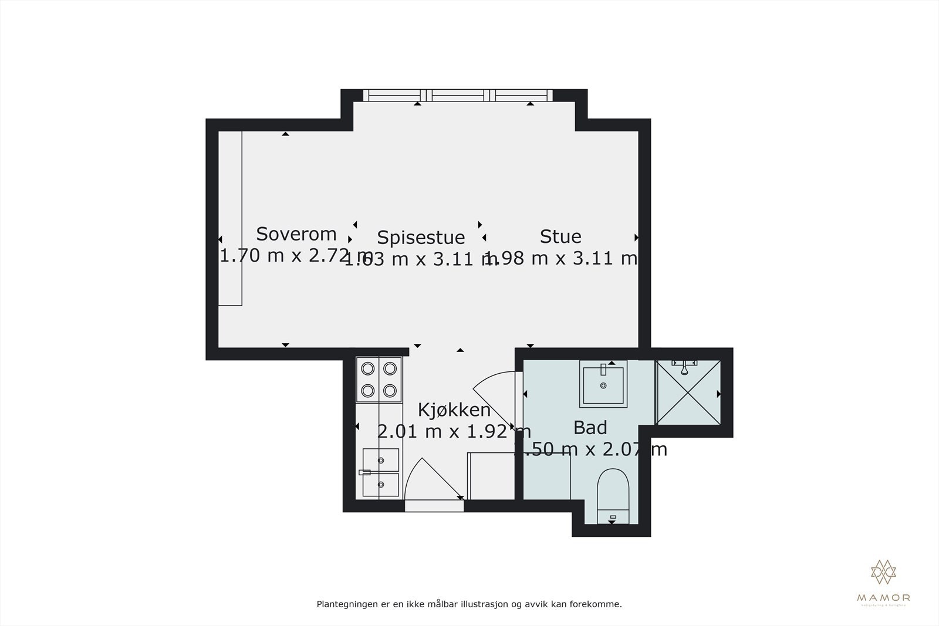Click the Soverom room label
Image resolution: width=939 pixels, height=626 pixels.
tap(296, 234)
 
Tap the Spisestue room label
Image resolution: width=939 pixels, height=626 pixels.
tap(421, 238)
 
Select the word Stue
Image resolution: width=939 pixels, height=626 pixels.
tap(560, 236)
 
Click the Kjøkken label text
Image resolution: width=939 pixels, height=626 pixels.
tap(454, 410)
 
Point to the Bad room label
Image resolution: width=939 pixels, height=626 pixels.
tap(590, 428)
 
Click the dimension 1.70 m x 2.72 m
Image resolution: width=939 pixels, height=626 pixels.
tap(295, 256)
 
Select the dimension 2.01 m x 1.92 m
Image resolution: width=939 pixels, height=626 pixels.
tap(454, 432)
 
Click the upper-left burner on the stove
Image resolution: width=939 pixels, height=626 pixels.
tap(368, 368)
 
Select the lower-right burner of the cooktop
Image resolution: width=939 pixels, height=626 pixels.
tap(390, 390)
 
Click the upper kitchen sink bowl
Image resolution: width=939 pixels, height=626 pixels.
tap(381, 459)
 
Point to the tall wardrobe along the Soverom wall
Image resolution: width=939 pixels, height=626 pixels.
tap(230, 218)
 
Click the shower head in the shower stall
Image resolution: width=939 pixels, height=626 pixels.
tap(684, 367)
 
